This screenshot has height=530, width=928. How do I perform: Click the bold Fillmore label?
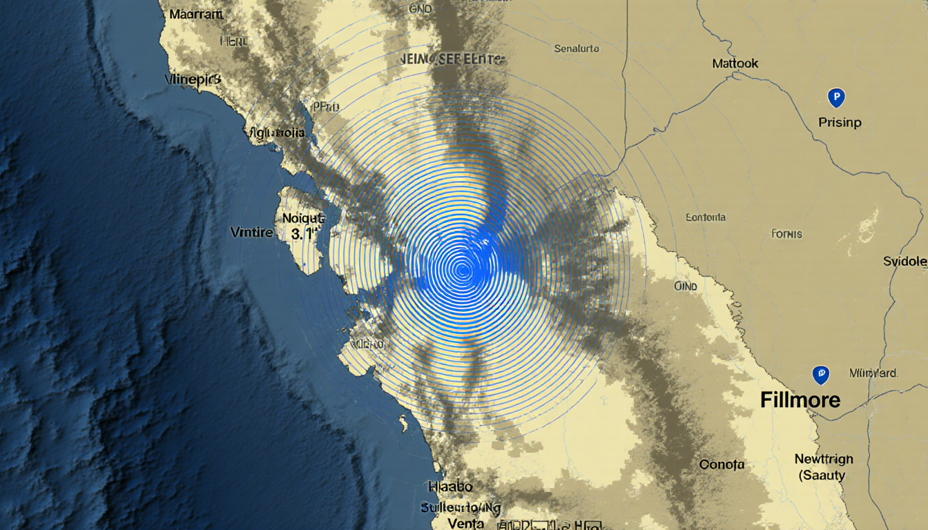click(x=800, y=400)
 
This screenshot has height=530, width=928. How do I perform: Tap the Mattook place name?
click(x=735, y=63)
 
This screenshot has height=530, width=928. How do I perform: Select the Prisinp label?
click(x=840, y=123)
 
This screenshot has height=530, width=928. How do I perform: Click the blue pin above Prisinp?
click(x=835, y=97)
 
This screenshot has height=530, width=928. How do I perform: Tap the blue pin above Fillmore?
click(x=820, y=375)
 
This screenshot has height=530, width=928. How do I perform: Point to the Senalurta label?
click(x=577, y=49)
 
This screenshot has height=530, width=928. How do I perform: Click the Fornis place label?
click(x=786, y=234)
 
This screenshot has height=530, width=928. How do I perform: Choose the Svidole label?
click(x=905, y=262)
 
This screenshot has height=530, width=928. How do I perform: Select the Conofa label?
click(x=722, y=464)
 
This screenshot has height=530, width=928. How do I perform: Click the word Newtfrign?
click(x=824, y=459)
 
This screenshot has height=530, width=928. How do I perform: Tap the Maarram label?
click(x=195, y=14)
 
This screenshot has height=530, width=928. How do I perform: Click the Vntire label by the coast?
click(x=251, y=233)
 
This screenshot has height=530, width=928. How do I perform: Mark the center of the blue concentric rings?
click(x=462, y=269)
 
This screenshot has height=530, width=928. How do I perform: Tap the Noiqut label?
click(x=303, y=218)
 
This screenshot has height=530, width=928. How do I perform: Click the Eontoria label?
click(x=706, y=217)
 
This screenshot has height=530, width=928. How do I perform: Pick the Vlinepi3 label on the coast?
click(x=194, y=79)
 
